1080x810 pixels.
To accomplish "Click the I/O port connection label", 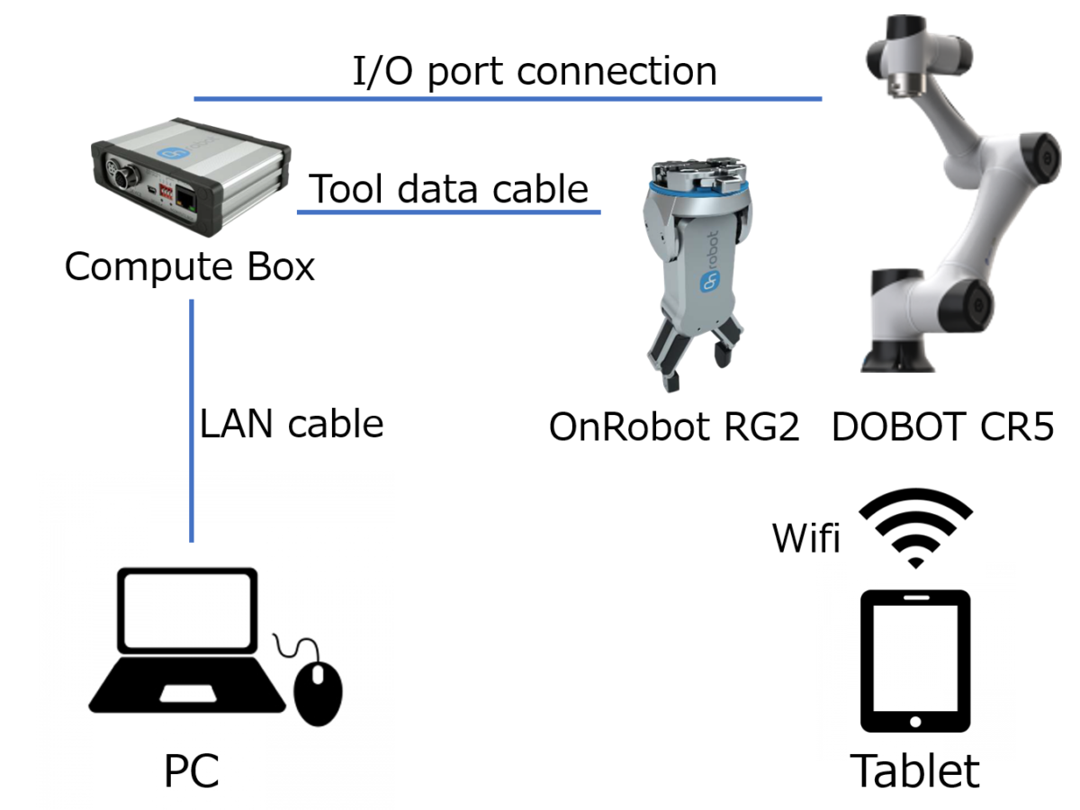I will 535,72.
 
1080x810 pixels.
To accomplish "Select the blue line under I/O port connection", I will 508,98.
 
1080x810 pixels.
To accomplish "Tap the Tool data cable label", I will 449,189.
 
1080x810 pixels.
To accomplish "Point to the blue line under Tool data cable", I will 448,212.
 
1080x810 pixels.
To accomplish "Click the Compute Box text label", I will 190,267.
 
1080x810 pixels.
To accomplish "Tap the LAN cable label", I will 292,424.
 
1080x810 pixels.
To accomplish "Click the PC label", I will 192,772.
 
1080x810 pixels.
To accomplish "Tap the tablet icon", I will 915,662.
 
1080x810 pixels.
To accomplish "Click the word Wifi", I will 805,539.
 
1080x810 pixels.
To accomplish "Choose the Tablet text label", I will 915,771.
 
